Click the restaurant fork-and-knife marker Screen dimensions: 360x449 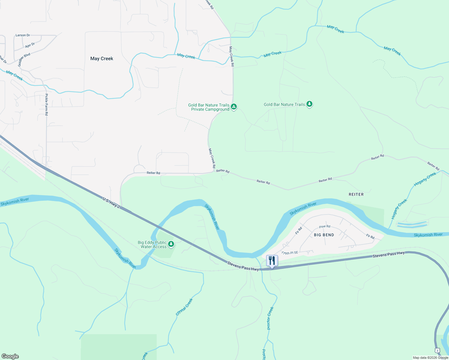[272, 260]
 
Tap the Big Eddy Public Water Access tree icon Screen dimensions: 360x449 [171, 244]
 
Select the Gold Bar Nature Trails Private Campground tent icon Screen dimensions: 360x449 [234, 106]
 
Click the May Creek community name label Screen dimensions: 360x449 [102, 58]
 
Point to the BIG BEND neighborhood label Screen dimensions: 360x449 [324, 235]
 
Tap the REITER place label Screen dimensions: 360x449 [356, 194]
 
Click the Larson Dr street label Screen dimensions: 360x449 [23, 35]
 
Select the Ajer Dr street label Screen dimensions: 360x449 [30, 45]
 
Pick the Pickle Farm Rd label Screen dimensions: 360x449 [47, 105]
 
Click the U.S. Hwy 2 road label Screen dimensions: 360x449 [111, 203]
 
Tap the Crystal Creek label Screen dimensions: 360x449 [184, 307]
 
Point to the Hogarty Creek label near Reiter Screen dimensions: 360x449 [425, 179]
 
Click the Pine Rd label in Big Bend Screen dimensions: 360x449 [324, 226]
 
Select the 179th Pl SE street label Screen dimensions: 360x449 [290, 253]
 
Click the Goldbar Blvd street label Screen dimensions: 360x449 [24, 59]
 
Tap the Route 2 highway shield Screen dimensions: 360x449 [437, 350]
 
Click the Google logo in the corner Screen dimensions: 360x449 [10, 356]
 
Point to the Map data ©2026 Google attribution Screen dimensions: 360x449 [430, 358]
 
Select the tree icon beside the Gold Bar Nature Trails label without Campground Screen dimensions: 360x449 [309, 104]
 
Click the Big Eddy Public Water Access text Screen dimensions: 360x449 [152, 244]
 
